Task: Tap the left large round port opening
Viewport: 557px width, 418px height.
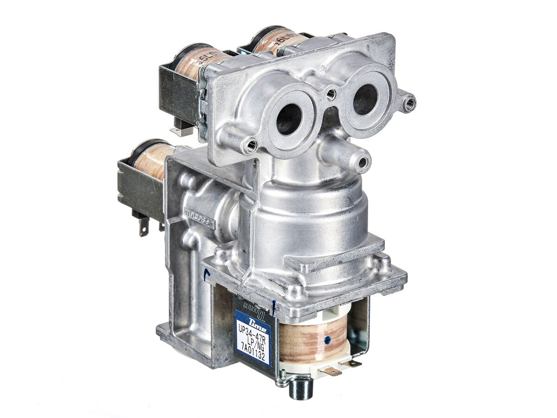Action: click(288, 119)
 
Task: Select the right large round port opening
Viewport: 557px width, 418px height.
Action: click(365, 99)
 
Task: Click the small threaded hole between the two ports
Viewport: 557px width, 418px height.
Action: click(330, 95)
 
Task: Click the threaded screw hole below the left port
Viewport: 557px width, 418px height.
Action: click(251, 147)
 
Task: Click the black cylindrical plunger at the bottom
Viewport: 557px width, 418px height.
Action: click(299, 389)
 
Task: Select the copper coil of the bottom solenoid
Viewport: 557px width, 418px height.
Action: click(313, 342)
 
